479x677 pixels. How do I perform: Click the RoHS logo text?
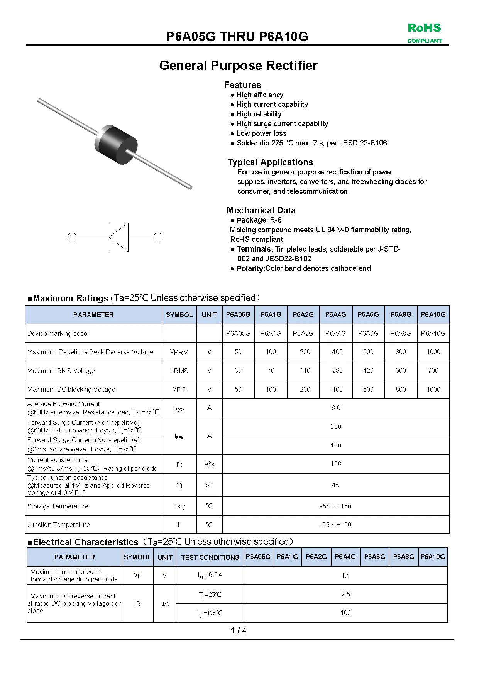tap(424, 28)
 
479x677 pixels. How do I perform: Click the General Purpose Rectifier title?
tap(238, 66)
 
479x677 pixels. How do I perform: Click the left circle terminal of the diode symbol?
tap(72, 237)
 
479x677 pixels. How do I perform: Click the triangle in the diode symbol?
tap(118, 237)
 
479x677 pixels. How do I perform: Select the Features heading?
tap(243, 85)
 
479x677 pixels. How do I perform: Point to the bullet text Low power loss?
tap(261, 133)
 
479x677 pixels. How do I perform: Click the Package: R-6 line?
tap(259, 220)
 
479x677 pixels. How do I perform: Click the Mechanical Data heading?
tap(261, 210)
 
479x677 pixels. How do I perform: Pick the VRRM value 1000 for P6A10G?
tap(433, 352)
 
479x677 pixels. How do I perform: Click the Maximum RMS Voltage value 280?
tap(337, 370)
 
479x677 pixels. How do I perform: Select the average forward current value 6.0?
tap(336, 408)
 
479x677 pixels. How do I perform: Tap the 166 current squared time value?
tap(336, 464)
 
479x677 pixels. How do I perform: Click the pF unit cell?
tap(209, 485)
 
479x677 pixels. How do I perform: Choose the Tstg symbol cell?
tap(179, 506)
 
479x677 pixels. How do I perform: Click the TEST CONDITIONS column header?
tap(210, 557)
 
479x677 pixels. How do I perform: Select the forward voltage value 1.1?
tap(345, 576)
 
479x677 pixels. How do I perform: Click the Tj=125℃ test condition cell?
tap(210, 613)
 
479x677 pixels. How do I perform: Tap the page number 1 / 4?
tap(239, 631)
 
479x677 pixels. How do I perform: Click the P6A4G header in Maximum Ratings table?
tap(336, 314)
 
